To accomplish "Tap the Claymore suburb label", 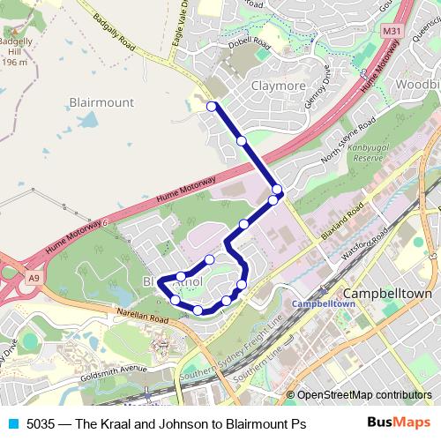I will pos(278,86).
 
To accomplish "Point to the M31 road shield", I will pos(392,32).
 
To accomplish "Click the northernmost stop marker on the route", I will pos(211,107).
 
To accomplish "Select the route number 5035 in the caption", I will pos(41,424).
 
